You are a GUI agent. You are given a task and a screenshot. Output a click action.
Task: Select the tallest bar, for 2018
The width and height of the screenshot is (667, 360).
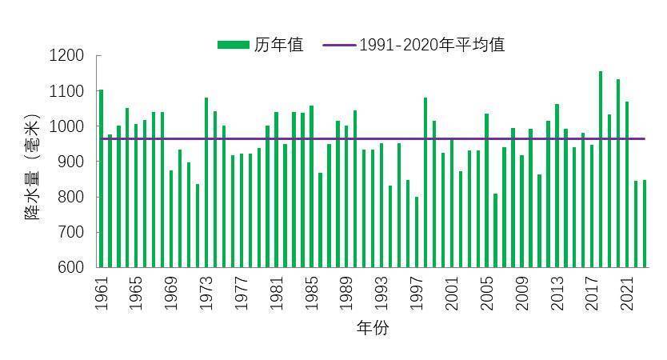pos(601,169)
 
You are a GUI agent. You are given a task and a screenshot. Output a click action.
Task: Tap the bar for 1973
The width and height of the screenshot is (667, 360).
pos(206,182)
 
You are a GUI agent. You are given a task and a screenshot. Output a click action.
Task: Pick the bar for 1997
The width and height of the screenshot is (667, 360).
pos(417,232)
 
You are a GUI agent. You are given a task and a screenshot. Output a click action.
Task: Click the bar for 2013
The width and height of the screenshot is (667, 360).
pos(557,186)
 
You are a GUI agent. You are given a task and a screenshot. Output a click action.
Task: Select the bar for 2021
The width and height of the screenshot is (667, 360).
pos(627,184)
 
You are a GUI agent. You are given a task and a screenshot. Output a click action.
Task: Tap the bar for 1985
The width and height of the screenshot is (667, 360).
pos(311,186)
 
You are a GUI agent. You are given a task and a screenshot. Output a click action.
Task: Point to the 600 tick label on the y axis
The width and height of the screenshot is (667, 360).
pos(70,267)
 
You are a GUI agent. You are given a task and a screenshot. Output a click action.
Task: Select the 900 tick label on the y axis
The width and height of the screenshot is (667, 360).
pos(70,162)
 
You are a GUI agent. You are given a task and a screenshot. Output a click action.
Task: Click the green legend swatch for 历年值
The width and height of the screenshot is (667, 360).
pos(234,45)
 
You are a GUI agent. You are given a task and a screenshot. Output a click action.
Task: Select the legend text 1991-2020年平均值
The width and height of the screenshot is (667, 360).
pos(432,45)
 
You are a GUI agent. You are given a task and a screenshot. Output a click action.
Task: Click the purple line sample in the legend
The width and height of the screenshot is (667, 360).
pos(338,45)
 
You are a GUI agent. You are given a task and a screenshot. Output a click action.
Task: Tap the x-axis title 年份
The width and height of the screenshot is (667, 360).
pos(372,329)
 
